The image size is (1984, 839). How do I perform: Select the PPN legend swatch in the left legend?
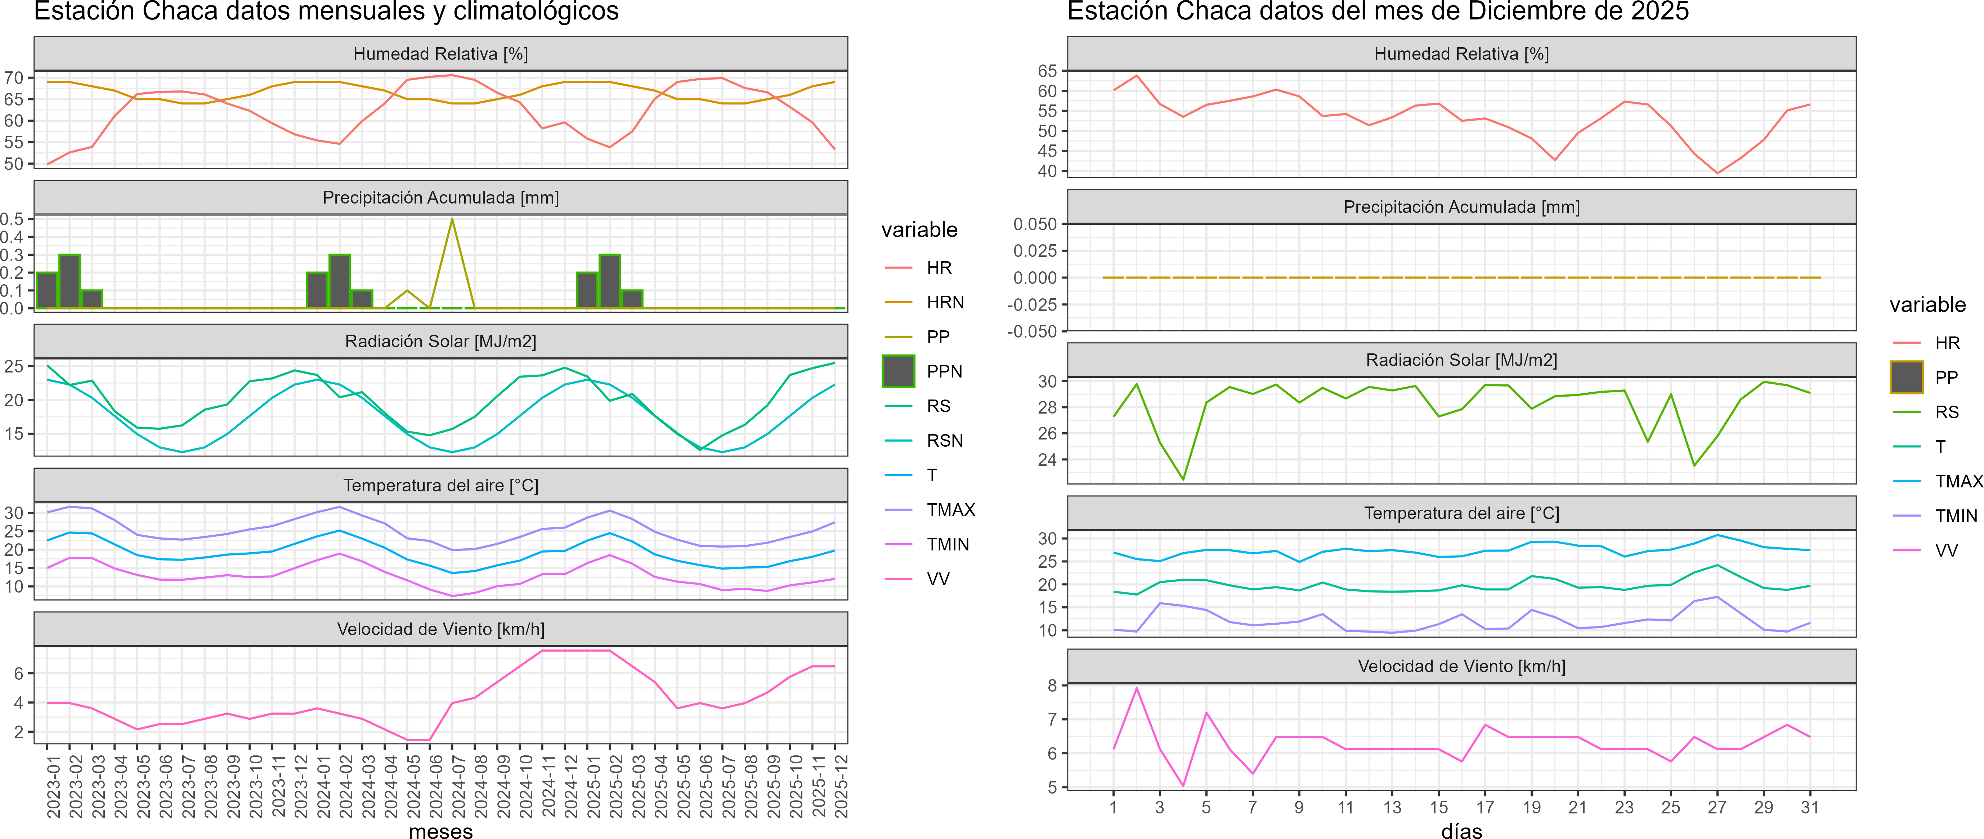(x=898, y=371)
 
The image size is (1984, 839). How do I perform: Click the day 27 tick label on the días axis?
(x=1717, y=807)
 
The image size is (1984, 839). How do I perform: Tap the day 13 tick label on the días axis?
(x=1392, y=807)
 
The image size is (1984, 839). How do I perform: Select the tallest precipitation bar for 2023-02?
(x=69, y=281)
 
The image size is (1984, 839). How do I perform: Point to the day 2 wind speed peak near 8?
(x=1137, y=688)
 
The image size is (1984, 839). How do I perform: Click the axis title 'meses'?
(x=440, y=830)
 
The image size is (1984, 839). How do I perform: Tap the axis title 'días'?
(x=1461, y=830)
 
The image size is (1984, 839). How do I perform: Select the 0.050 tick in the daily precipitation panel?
(x=1035, y=224)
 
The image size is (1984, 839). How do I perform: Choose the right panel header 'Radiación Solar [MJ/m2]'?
(x=1461, y=360)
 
